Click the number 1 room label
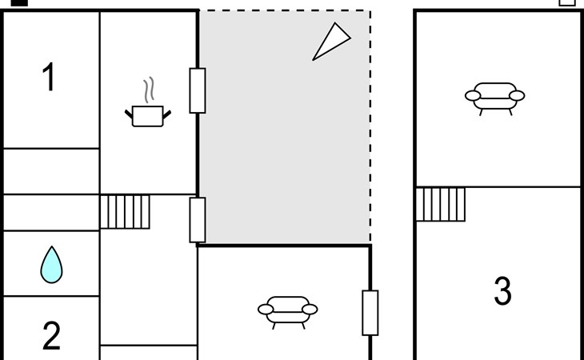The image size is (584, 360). coord(50,78)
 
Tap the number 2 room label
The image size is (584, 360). coord(51,337)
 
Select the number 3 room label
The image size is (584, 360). coord(502,292)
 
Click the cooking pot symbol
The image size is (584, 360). coord(147,115)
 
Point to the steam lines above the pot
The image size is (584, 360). coord(148,88)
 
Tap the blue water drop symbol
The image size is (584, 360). coord(51,264)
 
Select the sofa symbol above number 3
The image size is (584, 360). coord(494,96)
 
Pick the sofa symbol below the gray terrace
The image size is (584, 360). coord(287,309)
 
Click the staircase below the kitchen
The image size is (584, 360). coord(125,212)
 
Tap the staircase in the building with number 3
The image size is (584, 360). coord(440,204)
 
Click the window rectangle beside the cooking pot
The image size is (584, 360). coord(197,90)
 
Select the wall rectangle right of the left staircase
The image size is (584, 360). coord(197,220)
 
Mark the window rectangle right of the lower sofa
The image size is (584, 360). coord(370,313)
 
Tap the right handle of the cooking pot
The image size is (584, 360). coord(166,115)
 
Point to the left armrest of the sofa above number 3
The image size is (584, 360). coord(472,97)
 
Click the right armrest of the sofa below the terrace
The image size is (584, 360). coord(310,310)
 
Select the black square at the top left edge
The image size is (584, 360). coord(19,2)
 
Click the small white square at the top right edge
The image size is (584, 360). coord(566,2)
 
